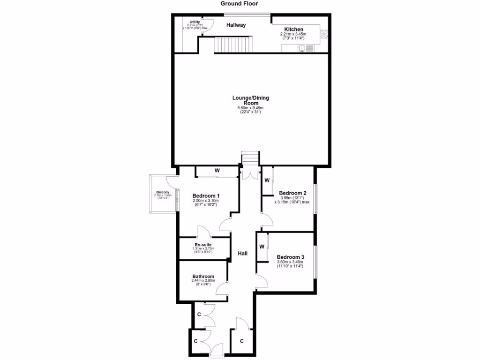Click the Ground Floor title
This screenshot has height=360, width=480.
240,3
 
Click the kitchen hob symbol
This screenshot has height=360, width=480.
324,33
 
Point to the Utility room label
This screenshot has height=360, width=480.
195,22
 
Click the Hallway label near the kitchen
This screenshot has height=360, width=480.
236,25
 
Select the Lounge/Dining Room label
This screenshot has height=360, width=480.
251,100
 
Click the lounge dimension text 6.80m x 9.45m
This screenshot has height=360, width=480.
251,109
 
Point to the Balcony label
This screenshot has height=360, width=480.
163,193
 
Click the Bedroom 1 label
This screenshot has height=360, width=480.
206,195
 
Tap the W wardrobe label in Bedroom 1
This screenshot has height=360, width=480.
217,171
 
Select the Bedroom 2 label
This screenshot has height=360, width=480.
292,193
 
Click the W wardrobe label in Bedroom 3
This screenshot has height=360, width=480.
262,247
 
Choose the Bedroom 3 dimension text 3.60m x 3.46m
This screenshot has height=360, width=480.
290,262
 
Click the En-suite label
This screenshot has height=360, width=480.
204,244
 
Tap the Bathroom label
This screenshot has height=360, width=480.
203,277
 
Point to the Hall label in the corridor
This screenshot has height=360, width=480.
243,254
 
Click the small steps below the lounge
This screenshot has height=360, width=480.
250,158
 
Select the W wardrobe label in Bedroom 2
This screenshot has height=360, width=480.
267,180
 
